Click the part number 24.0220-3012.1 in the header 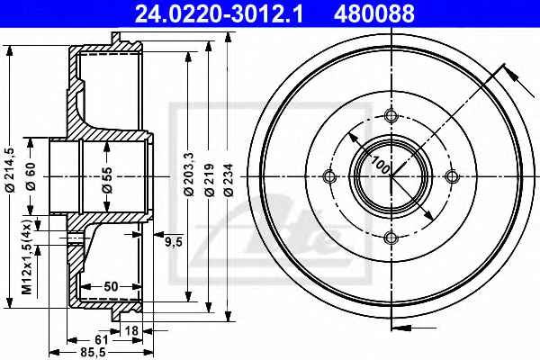coord(219,13)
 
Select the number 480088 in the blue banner coord(374,13)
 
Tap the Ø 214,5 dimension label coord(10,169)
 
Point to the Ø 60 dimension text coord(31,176)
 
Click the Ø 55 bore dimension coord(107,180)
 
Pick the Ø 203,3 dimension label coord(189,174)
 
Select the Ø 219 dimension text coord(209,179)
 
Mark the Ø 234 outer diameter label coord(229,179)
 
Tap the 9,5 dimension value coord(173,242)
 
